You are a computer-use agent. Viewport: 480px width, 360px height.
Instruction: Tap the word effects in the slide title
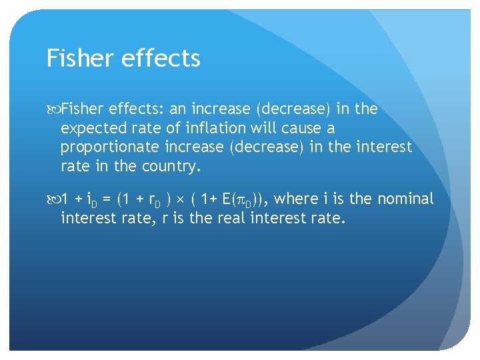click(x=162, y=59)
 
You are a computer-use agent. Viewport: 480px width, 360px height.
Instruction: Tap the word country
click(x=173, y=166)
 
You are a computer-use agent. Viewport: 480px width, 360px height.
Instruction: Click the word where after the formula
click(x=295, y=199)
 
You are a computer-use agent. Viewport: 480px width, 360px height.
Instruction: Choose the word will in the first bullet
click(x=268, y=128)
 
